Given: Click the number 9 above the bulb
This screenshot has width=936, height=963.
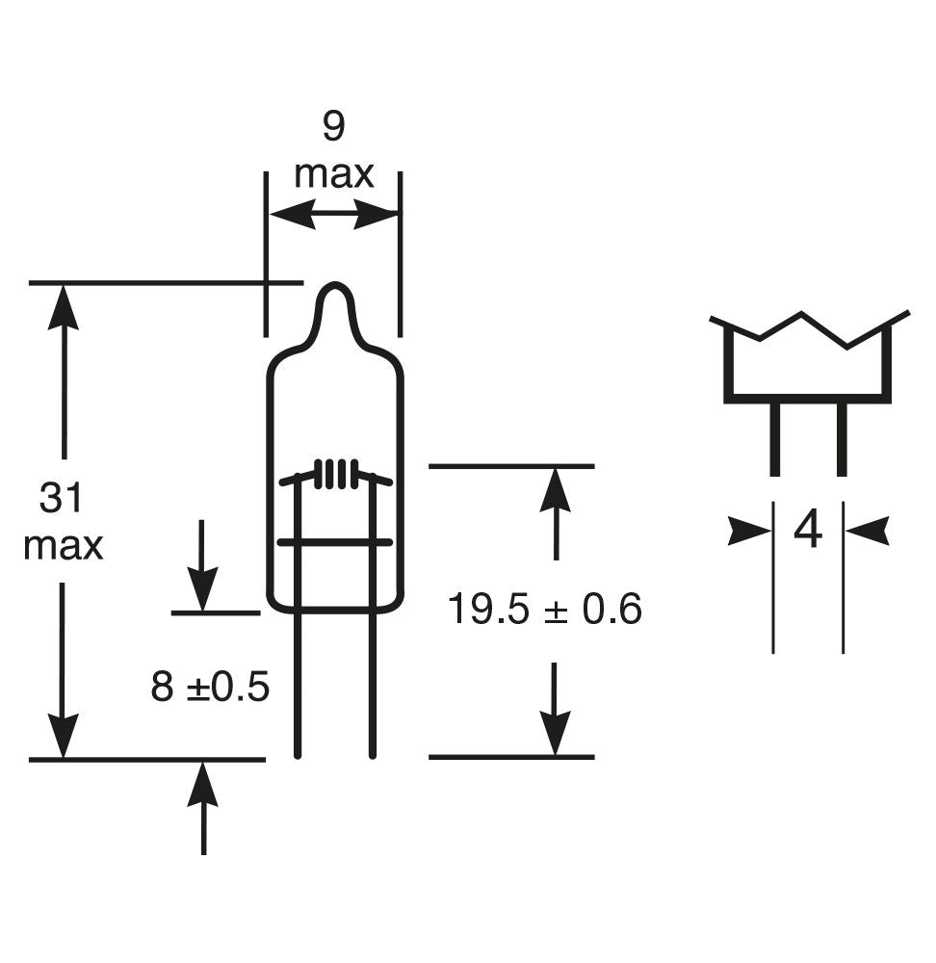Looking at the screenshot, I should pyautogui.click(x=332, y=127).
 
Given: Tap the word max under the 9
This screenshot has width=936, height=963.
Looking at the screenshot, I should pyautogui.click(x=333, y=175).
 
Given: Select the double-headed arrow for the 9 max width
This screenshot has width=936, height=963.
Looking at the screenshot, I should pyautogui.click(x=333, y=215).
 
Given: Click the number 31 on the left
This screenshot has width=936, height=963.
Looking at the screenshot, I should pyautogui.click(x=63, y=499).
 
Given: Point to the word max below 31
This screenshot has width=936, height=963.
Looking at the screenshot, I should pyautogui.click(x=63, y=546).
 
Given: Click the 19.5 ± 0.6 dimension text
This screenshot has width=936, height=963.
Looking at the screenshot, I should pyautogui.click(x=544, y=610).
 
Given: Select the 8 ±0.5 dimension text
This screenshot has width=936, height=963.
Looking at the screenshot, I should pyautogui.click(x=210, y=688).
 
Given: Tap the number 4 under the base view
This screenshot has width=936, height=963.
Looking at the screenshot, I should pyautogui.click(x=808, y=531).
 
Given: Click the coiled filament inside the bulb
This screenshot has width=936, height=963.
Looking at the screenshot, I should pyautogui.click(x=335, y=473).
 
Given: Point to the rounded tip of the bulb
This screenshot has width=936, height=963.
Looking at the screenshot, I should pyautogui.click(x=334, y=289).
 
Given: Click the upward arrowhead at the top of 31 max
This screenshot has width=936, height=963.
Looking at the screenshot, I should pyautogui.click(x=64, y=306).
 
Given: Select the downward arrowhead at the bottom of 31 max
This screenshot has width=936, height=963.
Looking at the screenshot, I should pyautogui.click(x=64, y=737).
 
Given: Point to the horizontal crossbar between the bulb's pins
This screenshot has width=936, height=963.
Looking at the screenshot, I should pyautogui.click(x=334, y=543).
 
